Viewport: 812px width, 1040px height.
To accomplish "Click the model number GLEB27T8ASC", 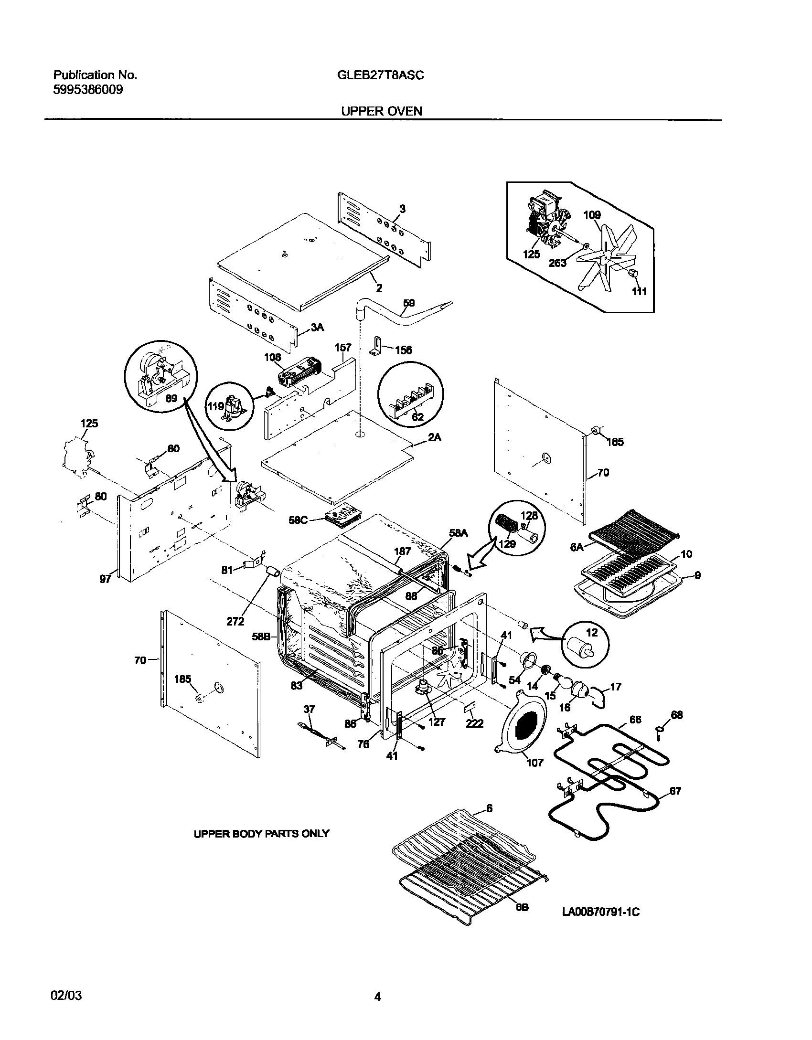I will click(377, 75).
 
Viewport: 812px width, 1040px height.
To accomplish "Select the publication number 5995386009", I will click(88, 89).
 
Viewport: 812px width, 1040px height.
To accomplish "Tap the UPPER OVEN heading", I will click(381, 111).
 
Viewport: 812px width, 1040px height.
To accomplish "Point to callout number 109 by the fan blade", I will click(592, 215).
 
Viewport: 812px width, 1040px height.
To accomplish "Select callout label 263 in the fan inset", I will click(557, 263).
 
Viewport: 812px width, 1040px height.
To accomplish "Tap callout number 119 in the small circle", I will click(215, 406).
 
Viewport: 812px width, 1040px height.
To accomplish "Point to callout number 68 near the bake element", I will click(677, 715).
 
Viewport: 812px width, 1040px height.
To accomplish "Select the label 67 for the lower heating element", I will click(675, 791).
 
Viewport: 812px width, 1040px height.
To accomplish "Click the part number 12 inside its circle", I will click(592, 633).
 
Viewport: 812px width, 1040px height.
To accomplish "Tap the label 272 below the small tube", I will click(235, 621).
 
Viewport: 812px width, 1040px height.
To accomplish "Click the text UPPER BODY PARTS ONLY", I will click(261, 834).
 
